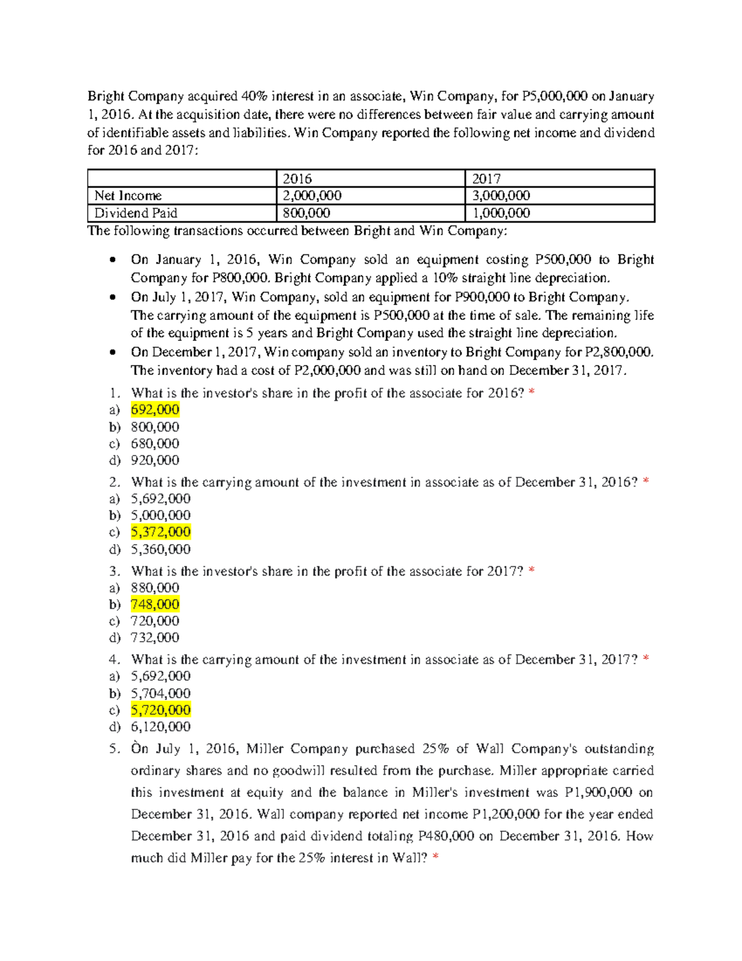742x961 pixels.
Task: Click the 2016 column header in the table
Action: [x=297, y=179]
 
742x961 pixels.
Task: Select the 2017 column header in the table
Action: [x=487, y=179]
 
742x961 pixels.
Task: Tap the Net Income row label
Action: [x=128, y=196]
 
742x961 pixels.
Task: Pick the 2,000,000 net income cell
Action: [x=312, y=196]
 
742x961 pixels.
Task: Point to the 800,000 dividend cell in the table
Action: [x=307, y=213]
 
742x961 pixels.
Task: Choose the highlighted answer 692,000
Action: [x=155, y=410]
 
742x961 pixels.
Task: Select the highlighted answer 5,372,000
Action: [x=161, y=532]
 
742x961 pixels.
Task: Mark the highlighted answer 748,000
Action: [x=155, y=605]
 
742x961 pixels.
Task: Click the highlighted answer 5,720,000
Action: [x=161, y=710]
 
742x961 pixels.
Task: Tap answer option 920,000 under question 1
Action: [x=155, y=460]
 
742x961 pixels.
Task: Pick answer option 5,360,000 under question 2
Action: [x=161, y=549]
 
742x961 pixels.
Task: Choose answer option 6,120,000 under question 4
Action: [x=161, y=727]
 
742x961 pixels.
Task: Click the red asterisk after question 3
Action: [x=532, y=571]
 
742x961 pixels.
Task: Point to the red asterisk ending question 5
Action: [x=436, y=858]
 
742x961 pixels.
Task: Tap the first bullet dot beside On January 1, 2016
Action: [x=112, y=260]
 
